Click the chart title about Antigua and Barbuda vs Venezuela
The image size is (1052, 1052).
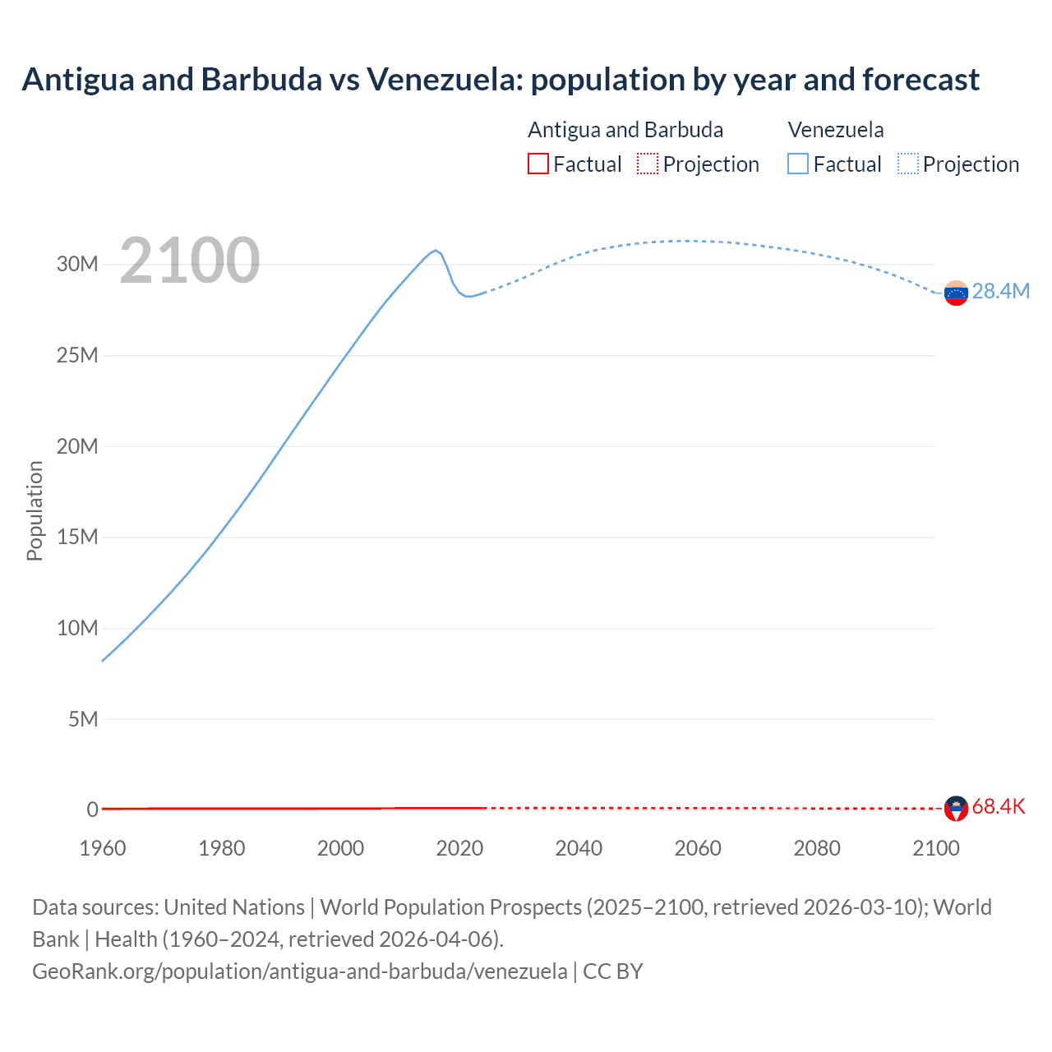point(500,80)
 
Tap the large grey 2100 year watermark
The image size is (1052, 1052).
point(190,261)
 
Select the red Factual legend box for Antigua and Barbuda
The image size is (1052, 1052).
point(538,164)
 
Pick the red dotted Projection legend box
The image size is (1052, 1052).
point(647,164)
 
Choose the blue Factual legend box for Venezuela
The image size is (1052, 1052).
point(797,164)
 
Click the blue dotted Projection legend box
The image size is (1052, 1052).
point(907,164)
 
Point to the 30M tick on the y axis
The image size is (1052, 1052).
point(77,264)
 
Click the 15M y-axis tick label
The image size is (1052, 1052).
point(77,537)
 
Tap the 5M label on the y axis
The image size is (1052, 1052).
point(83,719)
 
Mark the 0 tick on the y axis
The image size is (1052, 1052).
point(92,810)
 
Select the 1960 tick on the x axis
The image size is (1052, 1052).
point(103,848)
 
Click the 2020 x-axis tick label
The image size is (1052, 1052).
point(459,848)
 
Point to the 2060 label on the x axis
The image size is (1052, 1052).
point(698,848)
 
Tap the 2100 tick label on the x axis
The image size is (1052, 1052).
point(935,848)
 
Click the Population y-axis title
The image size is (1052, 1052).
point(35,510)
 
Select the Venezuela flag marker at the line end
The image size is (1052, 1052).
point(956,293)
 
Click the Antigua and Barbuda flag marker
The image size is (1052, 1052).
point(956,808)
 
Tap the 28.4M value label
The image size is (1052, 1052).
point(1000,292)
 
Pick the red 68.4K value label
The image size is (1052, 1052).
point(998,807)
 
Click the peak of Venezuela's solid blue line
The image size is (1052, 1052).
point(436,250)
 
